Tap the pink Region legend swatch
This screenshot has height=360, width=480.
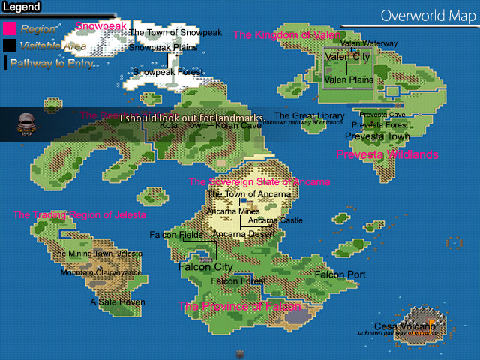pos(10,29)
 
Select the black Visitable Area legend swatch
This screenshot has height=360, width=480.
pos(10,46)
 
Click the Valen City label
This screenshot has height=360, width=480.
pos(346,57)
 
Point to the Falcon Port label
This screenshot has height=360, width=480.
pos(340,275)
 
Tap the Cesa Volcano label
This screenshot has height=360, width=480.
pos(404,326)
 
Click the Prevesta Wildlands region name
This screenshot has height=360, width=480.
pos(387,154)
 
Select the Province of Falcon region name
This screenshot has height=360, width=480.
pos(239,306)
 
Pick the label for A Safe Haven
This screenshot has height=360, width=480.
pos(118,302)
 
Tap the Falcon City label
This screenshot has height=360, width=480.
pos(205,267)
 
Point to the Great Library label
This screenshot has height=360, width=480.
pos(309,116)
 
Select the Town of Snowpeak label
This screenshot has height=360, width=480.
pos(175,33)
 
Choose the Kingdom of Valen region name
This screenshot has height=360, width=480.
pos(281,35)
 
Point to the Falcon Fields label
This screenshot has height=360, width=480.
pos(176,235)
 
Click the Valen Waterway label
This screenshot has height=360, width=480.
pos(369,44)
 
